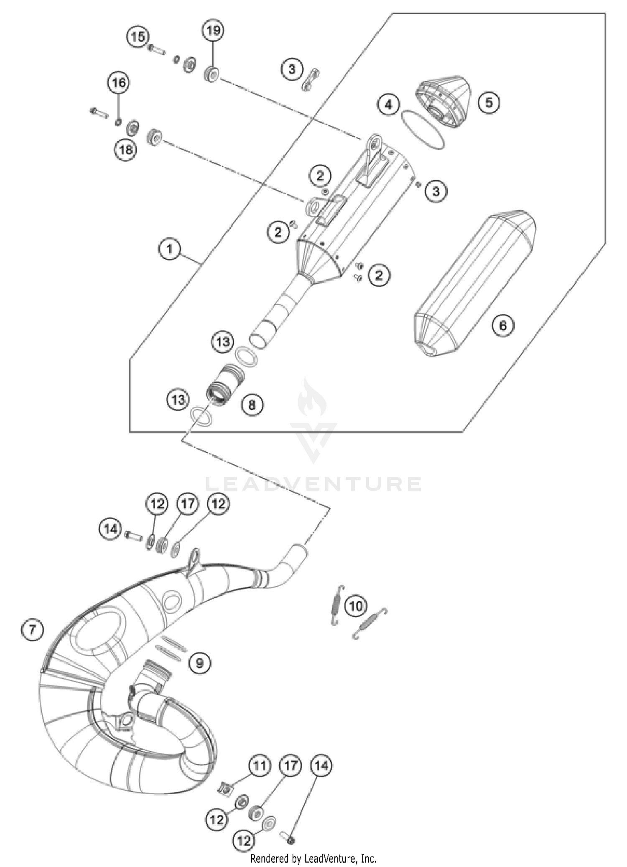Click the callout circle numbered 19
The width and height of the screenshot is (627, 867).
[213, 31]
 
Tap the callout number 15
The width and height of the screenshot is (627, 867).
[138, 37]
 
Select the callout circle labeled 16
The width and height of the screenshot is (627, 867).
[119, 82]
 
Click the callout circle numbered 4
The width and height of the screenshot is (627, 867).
[389, 104]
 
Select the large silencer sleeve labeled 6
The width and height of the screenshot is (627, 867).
[474, 284]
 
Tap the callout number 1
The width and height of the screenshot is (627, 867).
[169, 250]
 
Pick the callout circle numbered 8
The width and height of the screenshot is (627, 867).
[252, 404]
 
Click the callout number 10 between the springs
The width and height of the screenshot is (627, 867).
[356, 606]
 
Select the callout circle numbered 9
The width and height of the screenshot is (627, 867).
[200, 663]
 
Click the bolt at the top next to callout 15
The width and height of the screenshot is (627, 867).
[156, 51]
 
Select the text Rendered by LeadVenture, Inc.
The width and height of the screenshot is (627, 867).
[313, 859]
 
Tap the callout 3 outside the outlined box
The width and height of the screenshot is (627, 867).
[292, 69]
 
